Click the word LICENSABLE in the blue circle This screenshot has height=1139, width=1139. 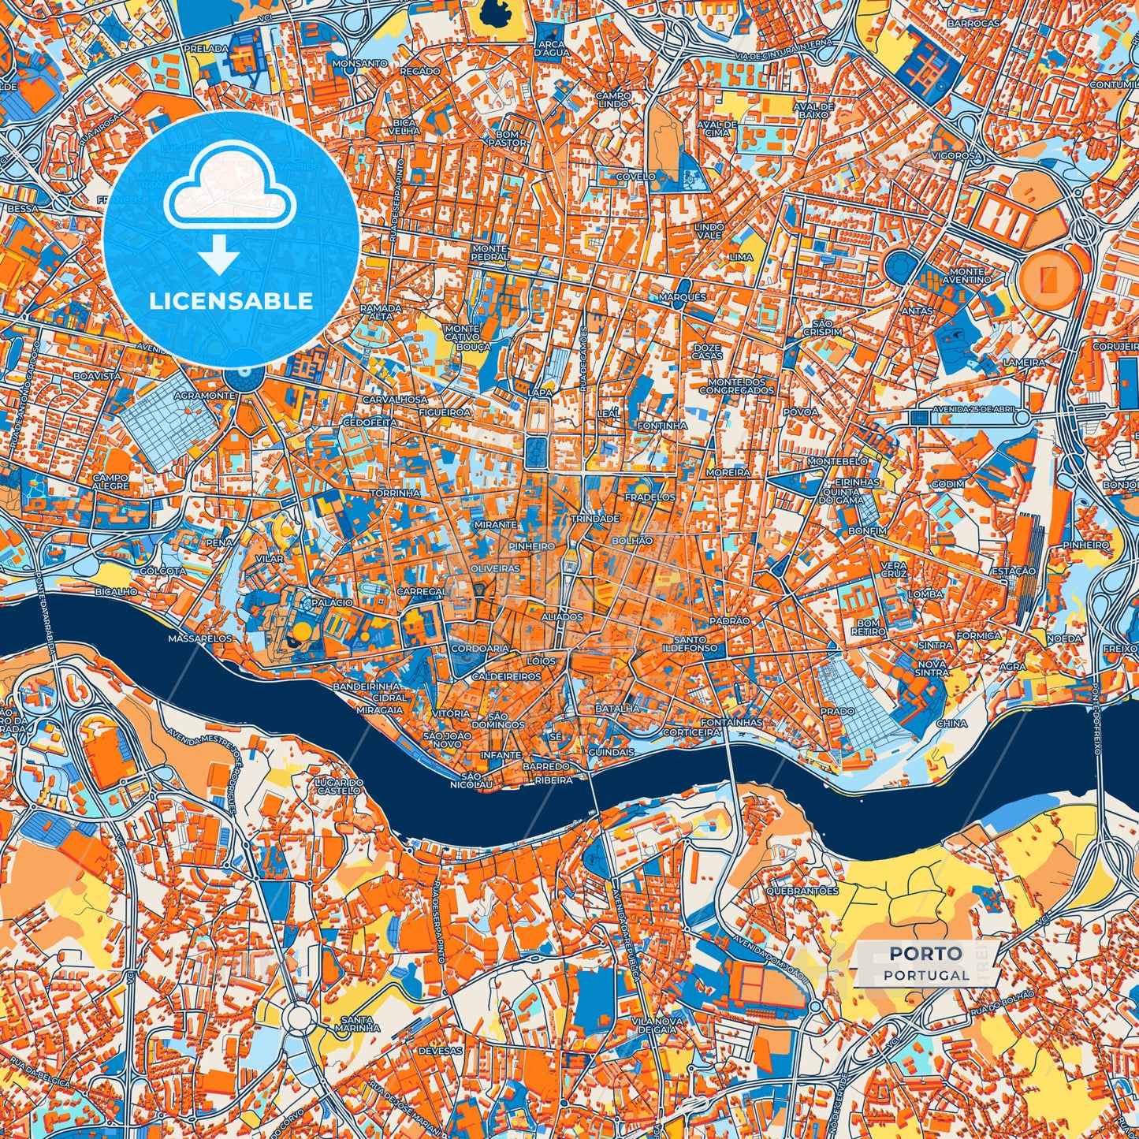click(x=231, y=301)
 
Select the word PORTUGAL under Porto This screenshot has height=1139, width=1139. click(x=926, y=975)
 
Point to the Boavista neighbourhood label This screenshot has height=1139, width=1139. click(x=97, y=377)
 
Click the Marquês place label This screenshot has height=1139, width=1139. click(x=683, y=297)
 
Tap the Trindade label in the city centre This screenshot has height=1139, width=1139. click(x=595, y=519)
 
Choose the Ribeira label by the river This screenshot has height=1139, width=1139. click(x=553, y=780)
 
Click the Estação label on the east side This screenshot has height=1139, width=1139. click(x=1013, y=571)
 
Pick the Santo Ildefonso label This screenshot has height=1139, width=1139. click(x=696, y=644)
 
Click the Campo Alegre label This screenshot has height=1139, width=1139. click(x=110, y=482)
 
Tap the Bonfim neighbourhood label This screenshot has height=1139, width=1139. click(x=867, y=531)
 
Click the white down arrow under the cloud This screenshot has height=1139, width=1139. click(x=218, y=257)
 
